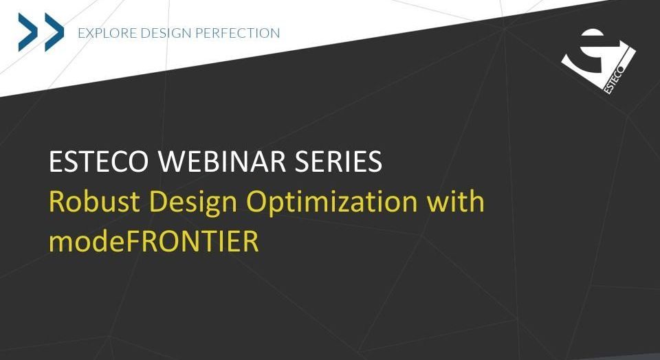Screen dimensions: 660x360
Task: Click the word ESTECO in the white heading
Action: [x=99, y=161]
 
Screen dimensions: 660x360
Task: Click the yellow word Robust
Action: [x=95, y=201]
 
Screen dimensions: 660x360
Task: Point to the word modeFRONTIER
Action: [x=154, y=240]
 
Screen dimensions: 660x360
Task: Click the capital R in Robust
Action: [x=58, y=201]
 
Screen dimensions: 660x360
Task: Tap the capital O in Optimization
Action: [x=258, y=201]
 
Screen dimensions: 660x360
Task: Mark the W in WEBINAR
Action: [x=173, y=161]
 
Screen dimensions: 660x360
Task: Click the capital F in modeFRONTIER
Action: [x=132, y=241]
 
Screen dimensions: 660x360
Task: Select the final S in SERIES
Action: [x=374, y=161]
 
